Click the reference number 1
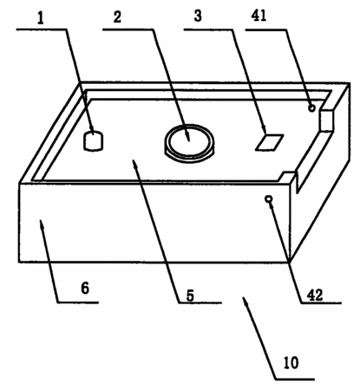[41, 18]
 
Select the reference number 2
[117, 17]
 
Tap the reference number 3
[198, 16]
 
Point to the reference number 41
[259, 15]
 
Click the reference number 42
[315, 295]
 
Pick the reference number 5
[190, 296]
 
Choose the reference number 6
[85, 288]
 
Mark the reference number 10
[291, 363]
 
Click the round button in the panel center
[189, 143]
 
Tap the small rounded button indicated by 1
[93, 141]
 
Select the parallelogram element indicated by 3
[269, 142]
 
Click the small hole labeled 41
[311, 108]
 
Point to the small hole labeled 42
[269, 198]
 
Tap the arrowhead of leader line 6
[42, 224]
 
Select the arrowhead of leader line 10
[245, 302]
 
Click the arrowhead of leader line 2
[187, 137]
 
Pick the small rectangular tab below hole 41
[326, 120]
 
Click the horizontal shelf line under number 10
[295, 379]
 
